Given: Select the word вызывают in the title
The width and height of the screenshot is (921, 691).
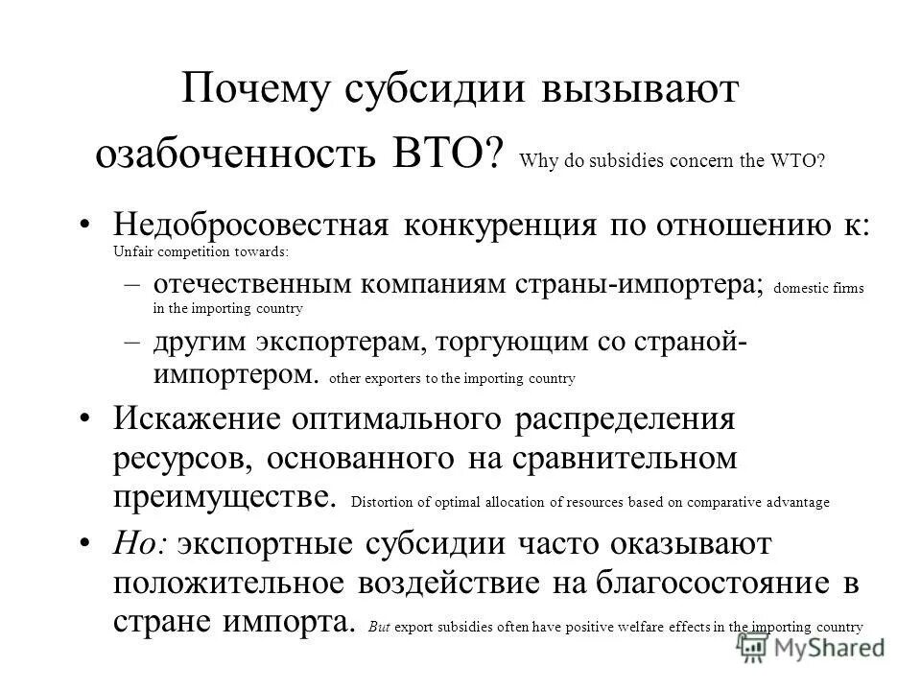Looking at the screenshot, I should (646, 92).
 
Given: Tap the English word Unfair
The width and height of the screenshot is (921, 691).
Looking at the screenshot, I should (131, 252).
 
